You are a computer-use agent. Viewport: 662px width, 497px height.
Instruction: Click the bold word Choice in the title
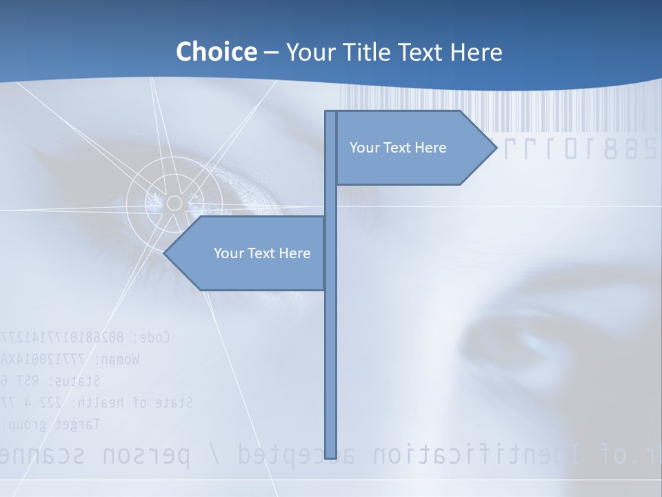click(216, 52)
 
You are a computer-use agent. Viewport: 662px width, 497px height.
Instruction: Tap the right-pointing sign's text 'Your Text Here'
click(398, 148)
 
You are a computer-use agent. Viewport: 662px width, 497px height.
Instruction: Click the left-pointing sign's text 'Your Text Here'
click(262, 253)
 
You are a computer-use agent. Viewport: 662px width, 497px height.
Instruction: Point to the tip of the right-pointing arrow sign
click(496, 147)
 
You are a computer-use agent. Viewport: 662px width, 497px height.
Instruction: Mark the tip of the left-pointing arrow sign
click(165, 253)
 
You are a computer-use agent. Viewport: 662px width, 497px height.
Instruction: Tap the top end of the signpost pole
click(331, 113)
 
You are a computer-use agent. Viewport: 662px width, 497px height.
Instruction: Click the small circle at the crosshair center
click(174, 203)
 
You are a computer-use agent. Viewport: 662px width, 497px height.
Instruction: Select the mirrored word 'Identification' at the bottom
click(476, 455)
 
